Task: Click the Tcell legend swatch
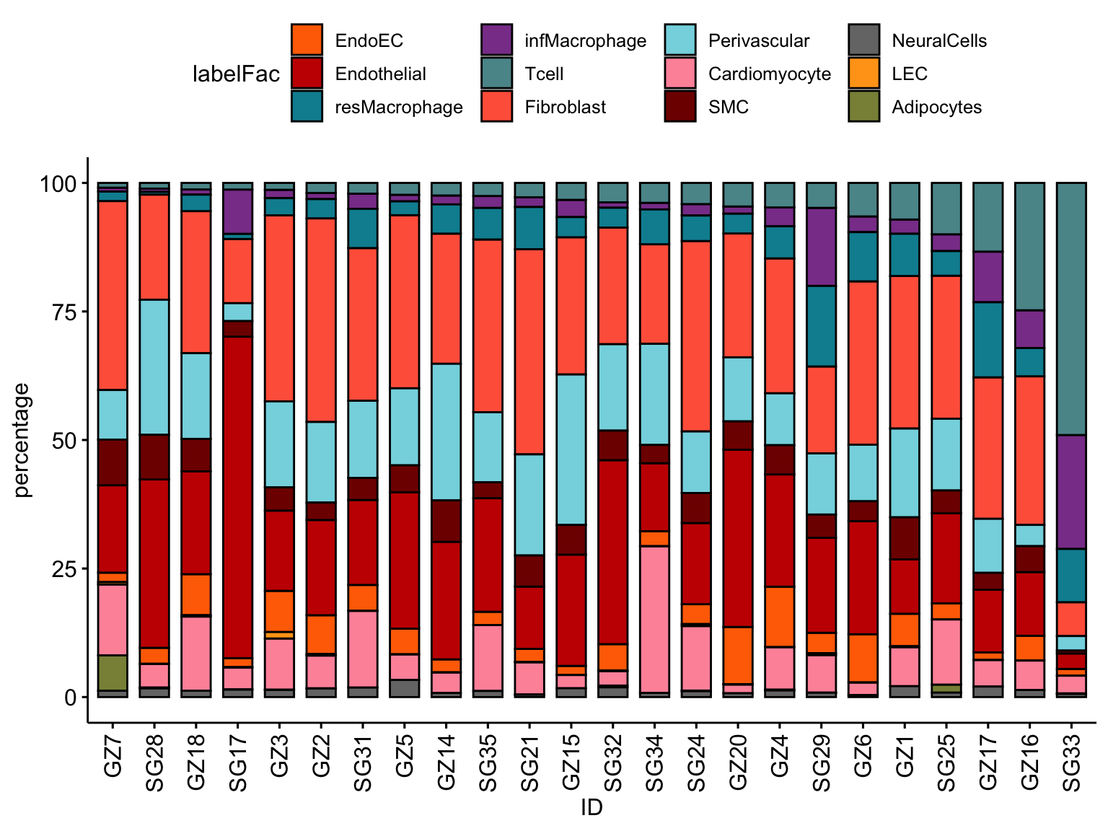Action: coord(496,74)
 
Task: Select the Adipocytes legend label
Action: coord(936,107)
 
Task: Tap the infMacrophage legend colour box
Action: coord(496,40)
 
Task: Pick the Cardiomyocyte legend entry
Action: coord(769,74)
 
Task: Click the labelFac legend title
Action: coord(236,74)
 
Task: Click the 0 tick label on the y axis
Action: coord(70,698)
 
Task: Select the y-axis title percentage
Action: coord(22,440)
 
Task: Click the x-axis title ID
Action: coord(592,808)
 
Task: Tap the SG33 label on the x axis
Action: coord(1072,762)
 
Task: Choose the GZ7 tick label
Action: coord(113,755)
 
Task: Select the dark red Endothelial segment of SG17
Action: coord(238,497)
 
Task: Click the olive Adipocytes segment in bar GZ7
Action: coord(113,672)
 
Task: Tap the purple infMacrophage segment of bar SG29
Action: coord(821,247)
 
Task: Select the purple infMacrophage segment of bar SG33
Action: coord(1071,491)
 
